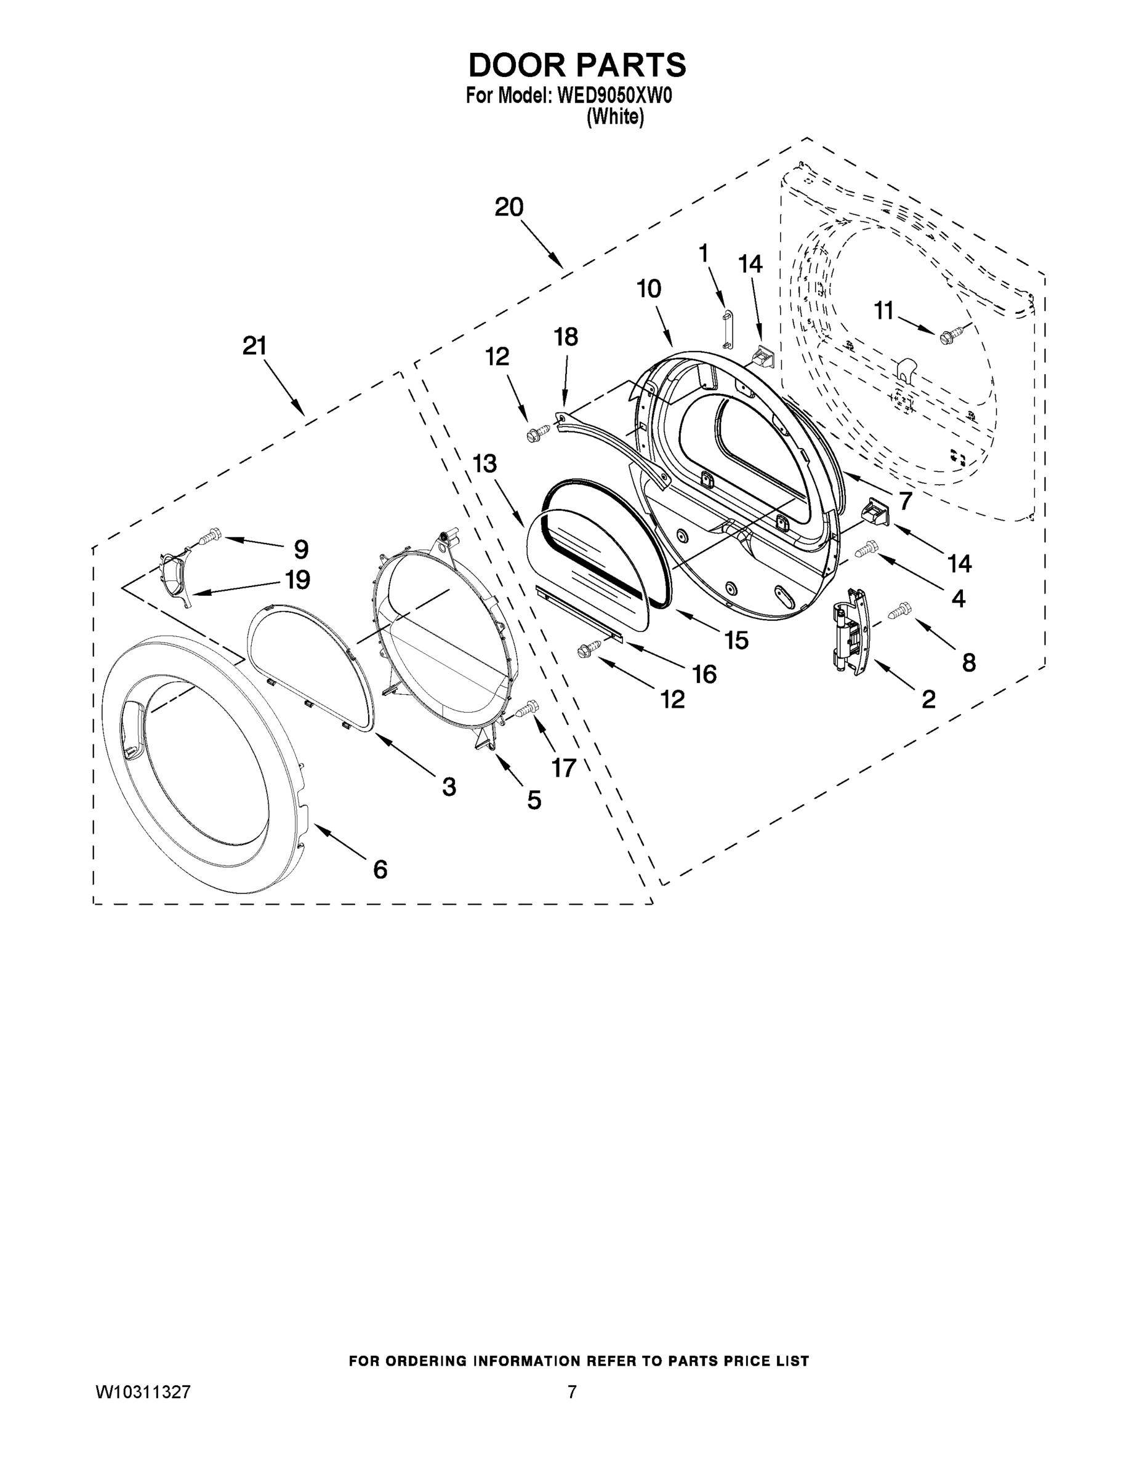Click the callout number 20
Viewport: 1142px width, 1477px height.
pos(509,207)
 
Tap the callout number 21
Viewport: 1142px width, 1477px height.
pos(254,346)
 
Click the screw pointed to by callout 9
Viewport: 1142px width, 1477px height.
pos(210,536)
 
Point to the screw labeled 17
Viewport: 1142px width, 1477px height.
pos(527,709)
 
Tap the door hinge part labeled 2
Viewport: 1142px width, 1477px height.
pos(848,631)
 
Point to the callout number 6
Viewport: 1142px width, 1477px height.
pos(380,869)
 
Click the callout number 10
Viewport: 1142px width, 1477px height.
pos(649,289)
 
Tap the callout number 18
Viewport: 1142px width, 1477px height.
pos(566,337)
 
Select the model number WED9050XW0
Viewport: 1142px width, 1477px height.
pos(614,96)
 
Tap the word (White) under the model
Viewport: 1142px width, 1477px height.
pos(615,117)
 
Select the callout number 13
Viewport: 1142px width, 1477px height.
pos(485,464)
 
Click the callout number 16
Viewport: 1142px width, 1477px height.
pos(704,674)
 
